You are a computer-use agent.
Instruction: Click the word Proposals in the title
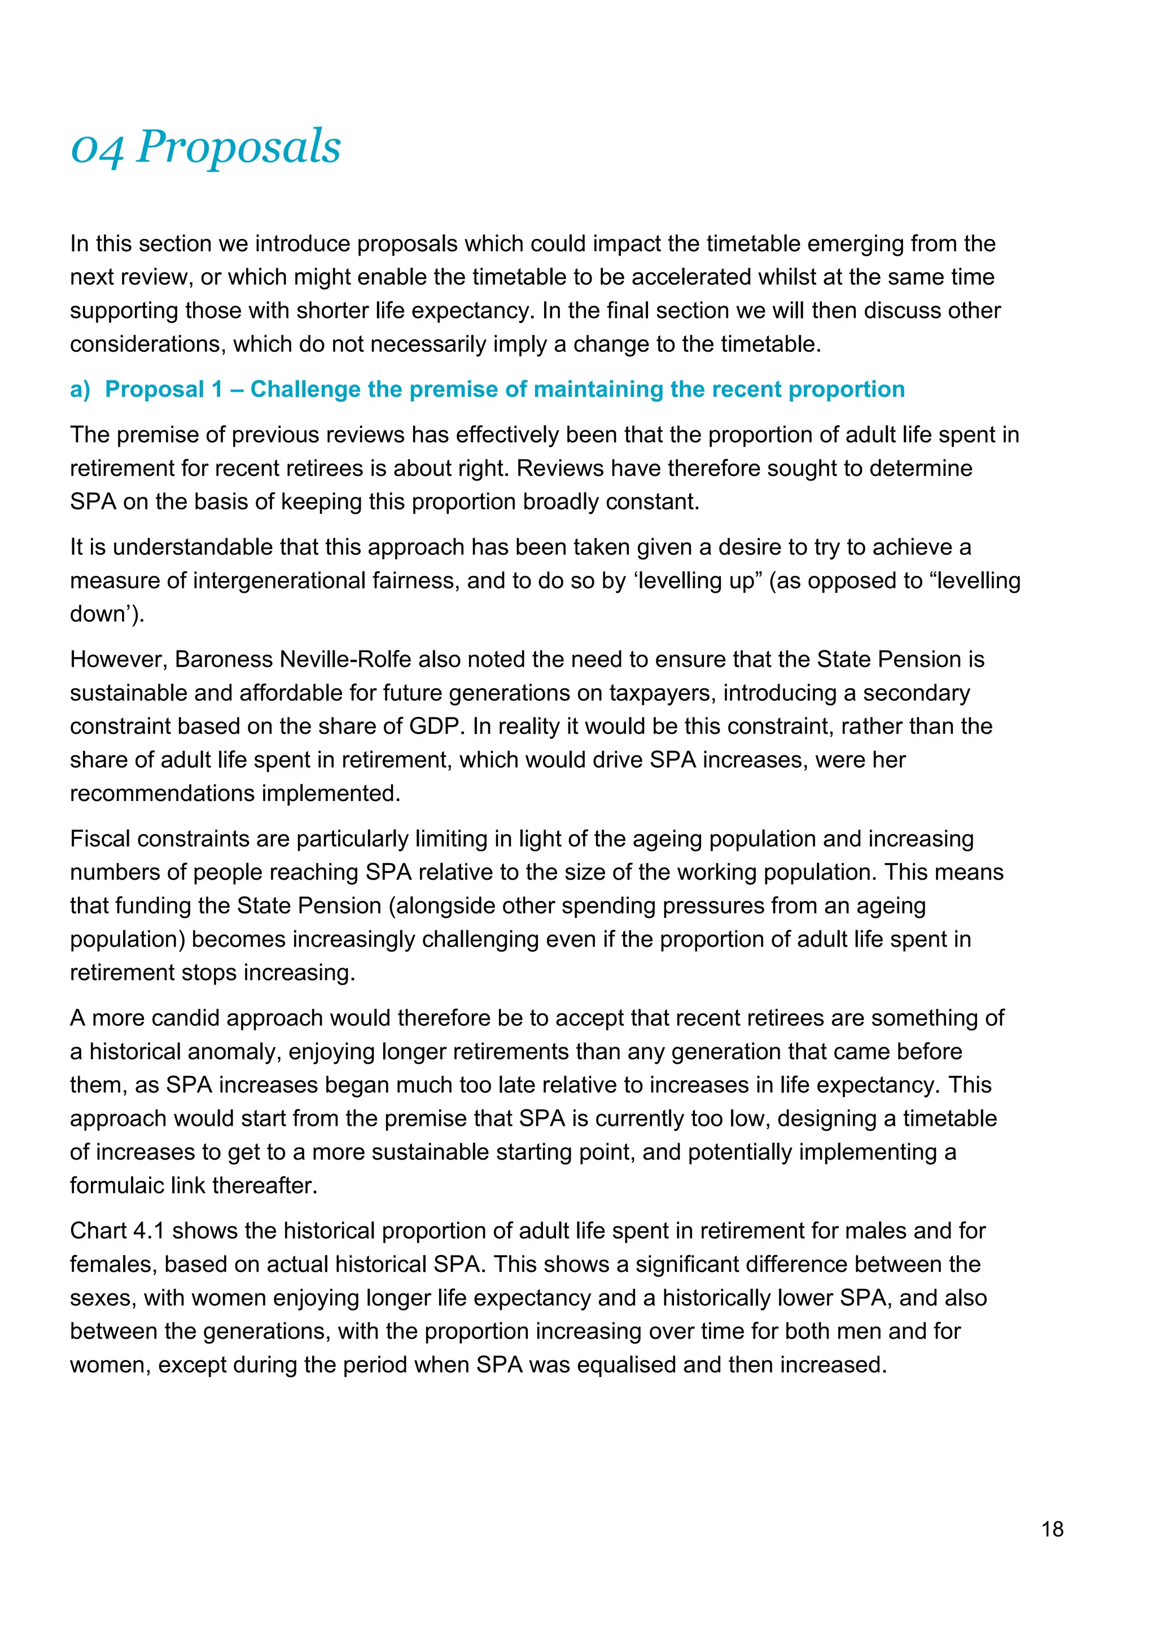(238, 147)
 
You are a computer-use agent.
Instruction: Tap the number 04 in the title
(98, 150)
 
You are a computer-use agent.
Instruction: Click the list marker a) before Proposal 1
(80, 390)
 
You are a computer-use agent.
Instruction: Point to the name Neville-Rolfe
(345, 659)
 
